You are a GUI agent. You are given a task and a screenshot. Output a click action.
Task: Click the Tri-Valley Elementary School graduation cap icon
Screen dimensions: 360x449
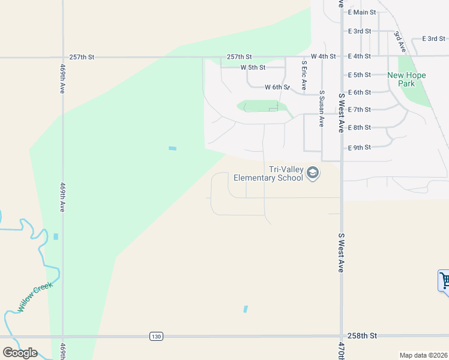pos(312,173)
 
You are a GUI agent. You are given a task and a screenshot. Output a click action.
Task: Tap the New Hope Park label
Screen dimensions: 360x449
pos(406,79)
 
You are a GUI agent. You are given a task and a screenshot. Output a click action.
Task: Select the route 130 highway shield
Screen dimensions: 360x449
pos(156,337)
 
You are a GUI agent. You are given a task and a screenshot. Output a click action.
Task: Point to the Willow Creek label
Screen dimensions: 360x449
pos(35,296)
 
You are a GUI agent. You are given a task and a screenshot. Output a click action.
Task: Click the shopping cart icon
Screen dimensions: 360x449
pos(445,280)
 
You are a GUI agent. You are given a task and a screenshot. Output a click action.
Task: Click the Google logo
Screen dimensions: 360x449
pos(20,353)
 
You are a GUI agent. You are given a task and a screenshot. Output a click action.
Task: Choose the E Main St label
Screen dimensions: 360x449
pos(362,12)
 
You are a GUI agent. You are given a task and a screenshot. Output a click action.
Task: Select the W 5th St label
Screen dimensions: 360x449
pos(253,67)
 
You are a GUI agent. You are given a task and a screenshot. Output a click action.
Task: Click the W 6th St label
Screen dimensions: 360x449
pos(277,87)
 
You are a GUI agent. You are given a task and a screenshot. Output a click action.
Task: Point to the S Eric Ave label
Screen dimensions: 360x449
pos(304,74)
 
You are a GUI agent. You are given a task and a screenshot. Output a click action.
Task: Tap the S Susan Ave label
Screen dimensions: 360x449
pos(322,109)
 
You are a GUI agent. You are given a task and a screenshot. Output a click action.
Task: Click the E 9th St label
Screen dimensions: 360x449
pos(360,147)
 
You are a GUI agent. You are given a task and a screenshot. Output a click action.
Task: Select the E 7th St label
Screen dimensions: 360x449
pos(360,109)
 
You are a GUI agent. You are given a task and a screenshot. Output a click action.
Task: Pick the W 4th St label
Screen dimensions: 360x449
pos(323,56)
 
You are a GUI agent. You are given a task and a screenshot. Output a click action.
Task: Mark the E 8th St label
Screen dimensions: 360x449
pos(360,127)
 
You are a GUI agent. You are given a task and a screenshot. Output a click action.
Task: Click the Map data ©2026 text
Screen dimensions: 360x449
pos(423,355)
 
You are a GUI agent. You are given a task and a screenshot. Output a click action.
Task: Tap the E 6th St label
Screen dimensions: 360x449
pos(360,92)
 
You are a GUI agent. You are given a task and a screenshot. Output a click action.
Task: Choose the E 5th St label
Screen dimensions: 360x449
pos(360,74)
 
